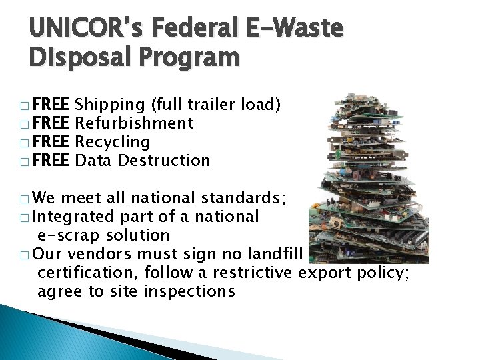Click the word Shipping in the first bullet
[x=111, y=105]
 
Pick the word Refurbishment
[x=135, y=123]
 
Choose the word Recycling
[x=113, y=142]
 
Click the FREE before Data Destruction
[x=53, y=161]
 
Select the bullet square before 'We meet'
[x=25, y=199]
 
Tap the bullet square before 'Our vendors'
[x=25, y=255]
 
